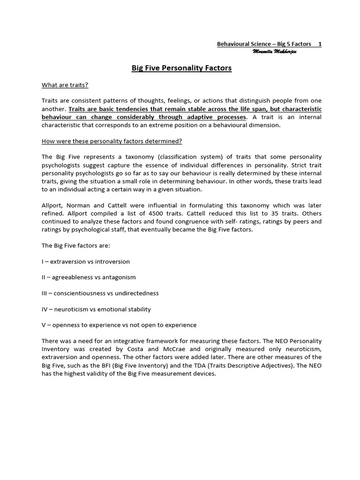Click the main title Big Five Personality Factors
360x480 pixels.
(x=181, y=68)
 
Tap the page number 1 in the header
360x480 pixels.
(x=320, y=44)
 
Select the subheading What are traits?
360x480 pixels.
(x=65, y=85)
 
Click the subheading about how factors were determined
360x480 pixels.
(x=112, y=141)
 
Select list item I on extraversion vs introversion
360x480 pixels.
(x=86, y=262)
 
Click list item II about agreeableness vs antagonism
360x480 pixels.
(x=89, y=277)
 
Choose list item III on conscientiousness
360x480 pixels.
(x=100, y=293)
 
